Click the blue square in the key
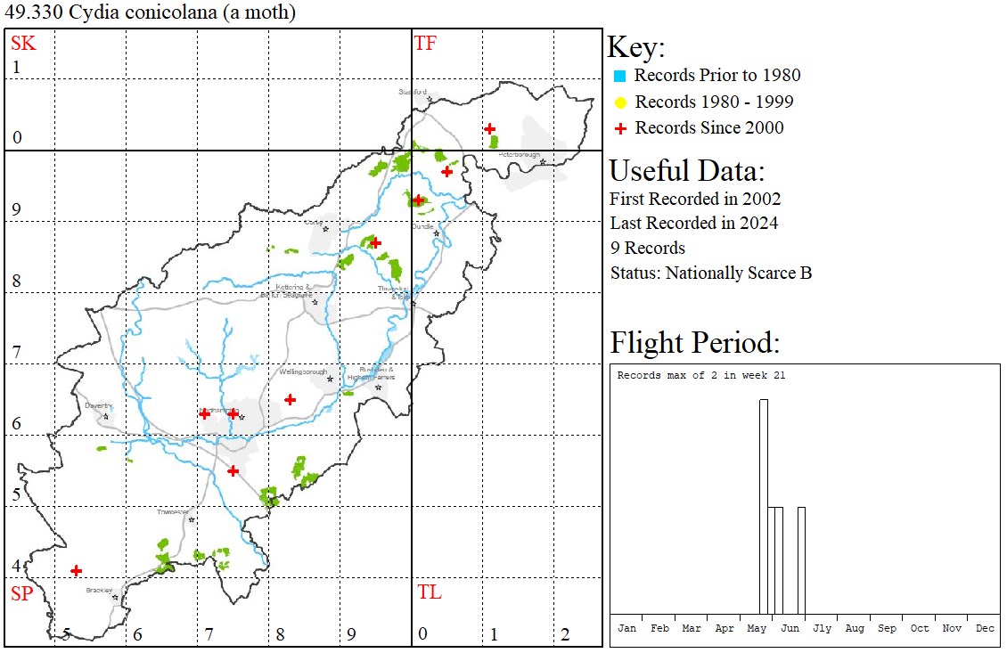[621, 76]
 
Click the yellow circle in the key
[621, 102]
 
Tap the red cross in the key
[621, 128]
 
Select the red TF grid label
[425, 43]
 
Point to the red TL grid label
[429, 592]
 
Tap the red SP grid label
[22, 593]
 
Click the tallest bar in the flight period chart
[764, 507]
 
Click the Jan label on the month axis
[627, 628]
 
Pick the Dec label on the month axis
[985, 628]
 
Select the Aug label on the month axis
[855, 628]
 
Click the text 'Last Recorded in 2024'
[694, 223]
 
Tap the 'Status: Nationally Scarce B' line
[711, 273]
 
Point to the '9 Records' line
[648, 248]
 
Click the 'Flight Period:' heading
[695, 342]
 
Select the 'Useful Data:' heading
[687, 170]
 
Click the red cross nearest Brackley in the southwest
[77, 570]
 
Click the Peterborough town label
[520, 154]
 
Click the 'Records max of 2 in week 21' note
[701, 376]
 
